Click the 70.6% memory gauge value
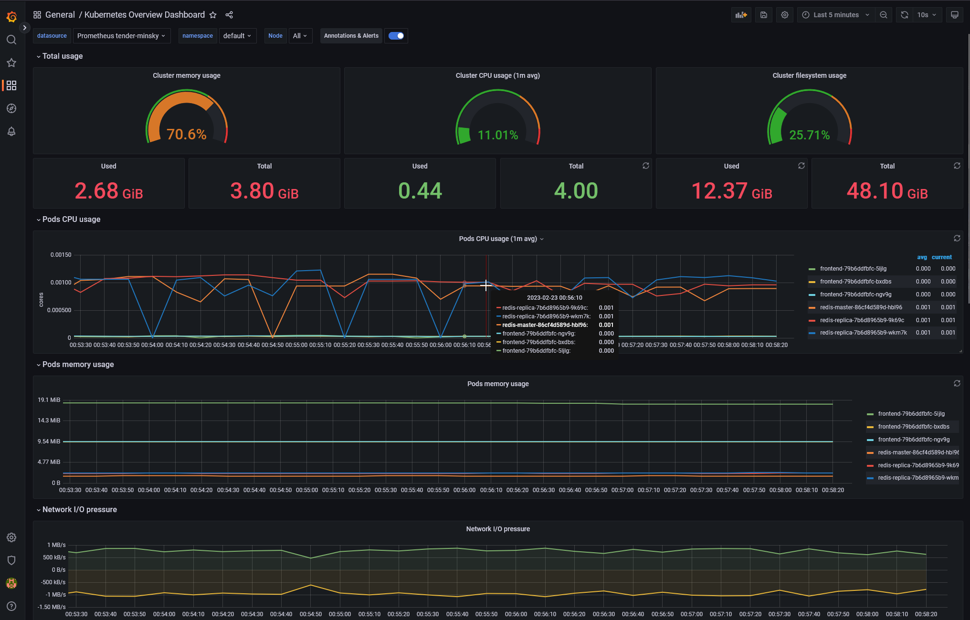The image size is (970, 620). [x=186, y=134]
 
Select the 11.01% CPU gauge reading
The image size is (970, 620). [x=497, y=135]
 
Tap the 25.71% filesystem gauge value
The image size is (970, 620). [x=809, y=135]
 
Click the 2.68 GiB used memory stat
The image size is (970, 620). [x=108, y=191]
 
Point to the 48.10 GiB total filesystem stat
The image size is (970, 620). [x=887, y=191]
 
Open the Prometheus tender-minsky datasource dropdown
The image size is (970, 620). [x=121, y=36]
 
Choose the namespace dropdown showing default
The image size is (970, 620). [x=237, y=36]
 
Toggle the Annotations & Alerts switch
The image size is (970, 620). [x=396, y=36]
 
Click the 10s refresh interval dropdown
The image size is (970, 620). [x=927, y=15]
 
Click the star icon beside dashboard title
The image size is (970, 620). [x=213, y=15]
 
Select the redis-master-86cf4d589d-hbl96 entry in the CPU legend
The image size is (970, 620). [x=861, y=307]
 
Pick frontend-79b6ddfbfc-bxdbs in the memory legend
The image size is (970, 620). [x=913, y=427]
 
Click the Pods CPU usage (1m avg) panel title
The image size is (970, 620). [x=498, y=239]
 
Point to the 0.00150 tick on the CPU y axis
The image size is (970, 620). [x=61, y=255]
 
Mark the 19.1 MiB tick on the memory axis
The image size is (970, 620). [x=49, y=400]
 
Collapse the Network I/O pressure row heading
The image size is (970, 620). [x=79, y=510]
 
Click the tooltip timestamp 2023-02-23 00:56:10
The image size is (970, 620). [x=554, y=298]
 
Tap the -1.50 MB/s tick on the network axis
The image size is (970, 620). [x=52, y=607]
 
